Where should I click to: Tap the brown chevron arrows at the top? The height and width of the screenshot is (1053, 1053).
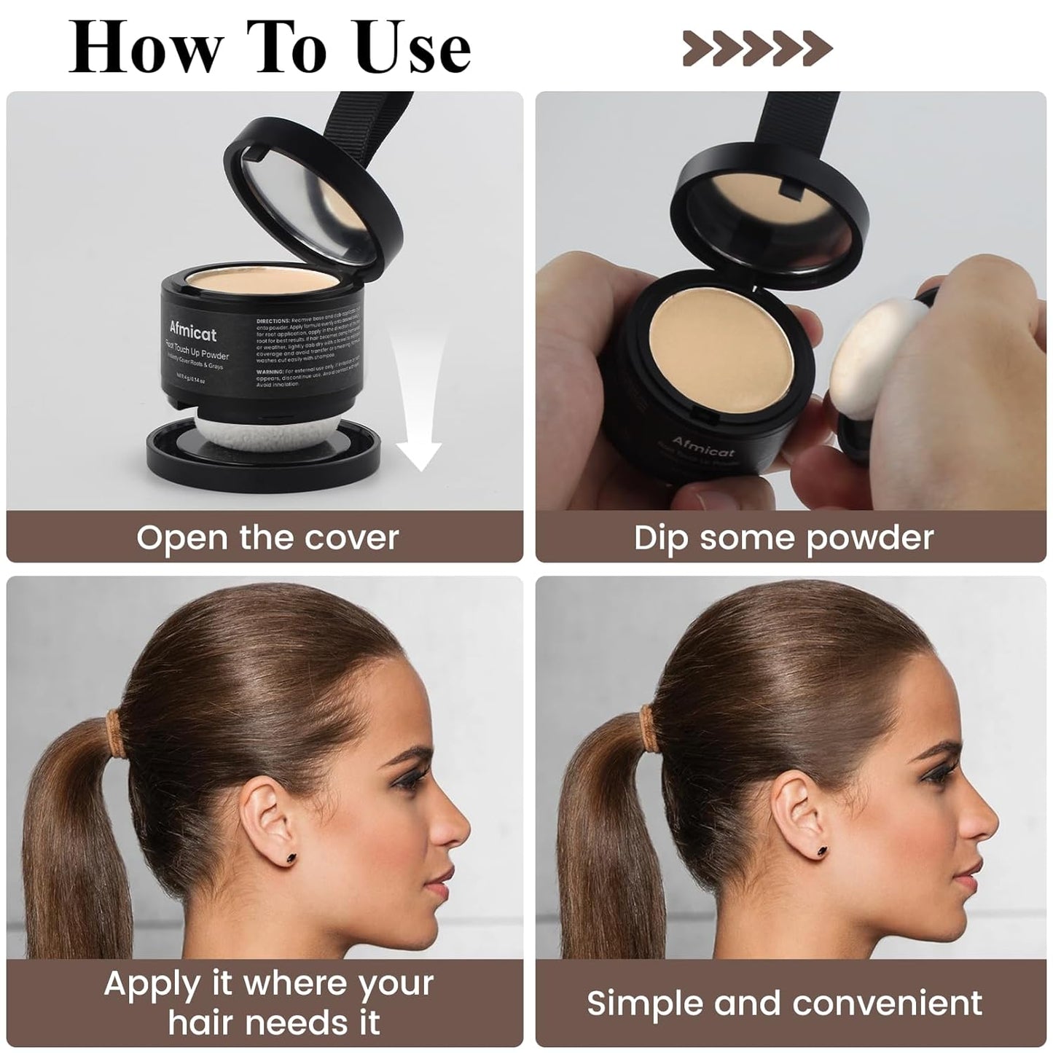[757, 48]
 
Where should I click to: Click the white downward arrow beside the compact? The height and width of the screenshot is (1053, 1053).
[418, 408]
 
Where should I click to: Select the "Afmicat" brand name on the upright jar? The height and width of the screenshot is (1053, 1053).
[192, 332]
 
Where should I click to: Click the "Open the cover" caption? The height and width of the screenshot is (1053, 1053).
[267, 538]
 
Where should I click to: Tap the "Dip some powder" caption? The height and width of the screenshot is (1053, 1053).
[783, 538]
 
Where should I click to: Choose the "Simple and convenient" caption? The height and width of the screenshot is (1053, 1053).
[784, 1003]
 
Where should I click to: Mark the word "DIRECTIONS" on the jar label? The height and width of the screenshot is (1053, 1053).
[273, 320]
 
